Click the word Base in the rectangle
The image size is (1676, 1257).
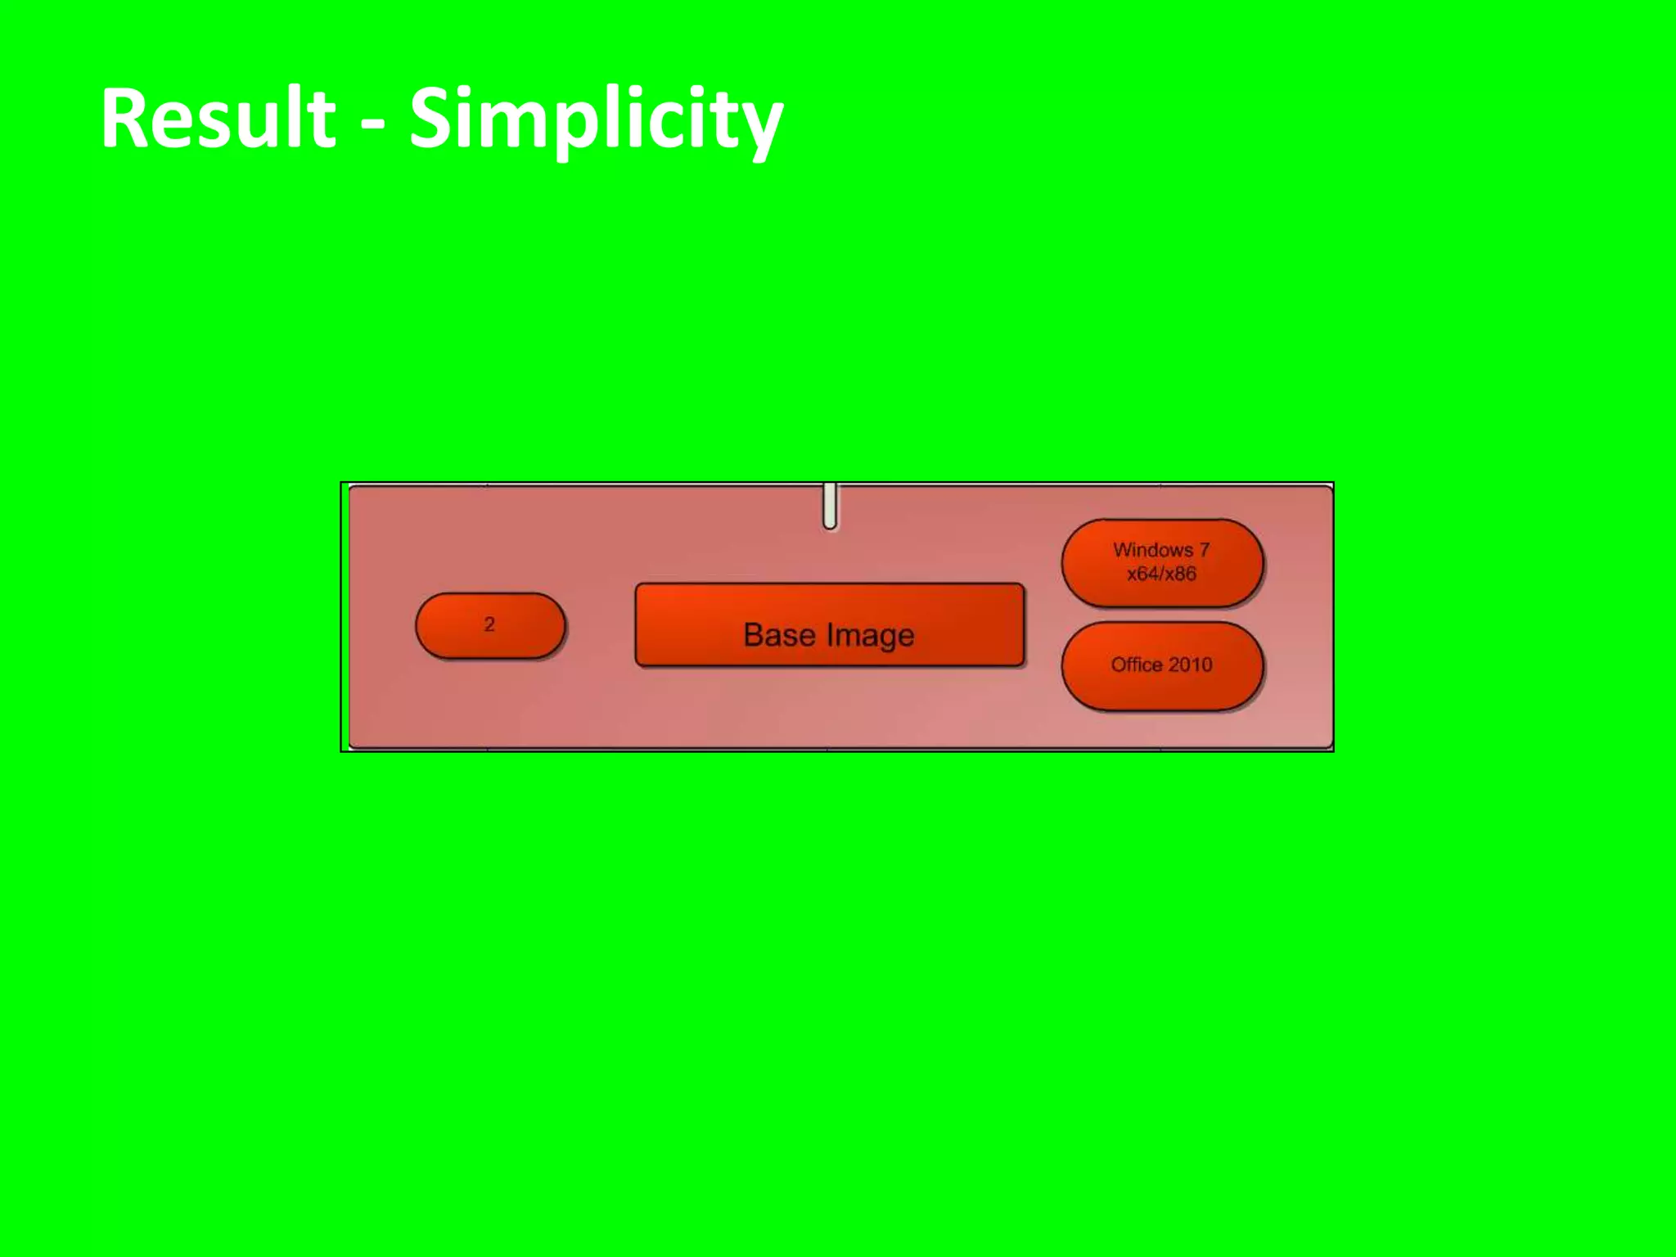tap(779, 635)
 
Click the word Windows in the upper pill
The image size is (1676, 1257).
tap(1152, 550)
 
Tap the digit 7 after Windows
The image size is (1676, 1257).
tap(1205, 550)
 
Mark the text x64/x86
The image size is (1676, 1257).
tap(1161, 574)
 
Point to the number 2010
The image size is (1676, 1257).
tap(1190, 665)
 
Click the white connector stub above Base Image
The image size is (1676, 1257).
tap(830, 507)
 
